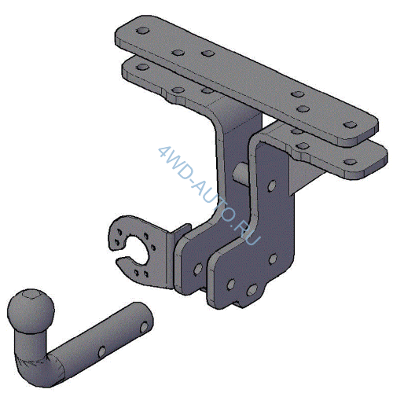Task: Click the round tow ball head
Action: (31, 311)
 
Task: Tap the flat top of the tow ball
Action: (31, 295)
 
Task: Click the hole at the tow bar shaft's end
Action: (144, 328)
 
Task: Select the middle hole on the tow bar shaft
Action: (102, 352)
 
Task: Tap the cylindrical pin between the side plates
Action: (241, 173)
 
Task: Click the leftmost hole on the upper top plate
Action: (143, 31)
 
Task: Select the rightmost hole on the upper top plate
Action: (350, 125)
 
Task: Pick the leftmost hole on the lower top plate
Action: (143, 67)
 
